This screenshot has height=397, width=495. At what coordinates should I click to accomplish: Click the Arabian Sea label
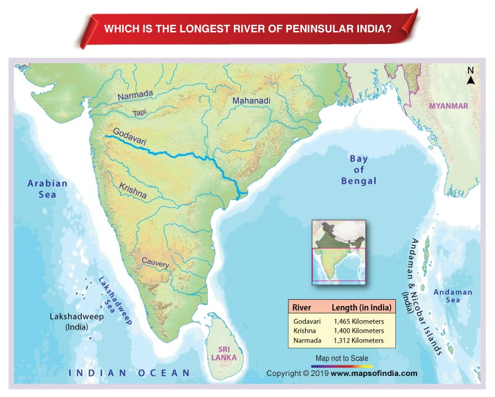(x=47, y=189)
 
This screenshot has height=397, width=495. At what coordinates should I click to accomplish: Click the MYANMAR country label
(x=449, y=106)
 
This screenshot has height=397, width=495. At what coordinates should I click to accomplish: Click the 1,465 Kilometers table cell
(x=359, y=322)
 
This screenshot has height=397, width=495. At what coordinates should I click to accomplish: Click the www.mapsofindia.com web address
(x=374, y=373)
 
